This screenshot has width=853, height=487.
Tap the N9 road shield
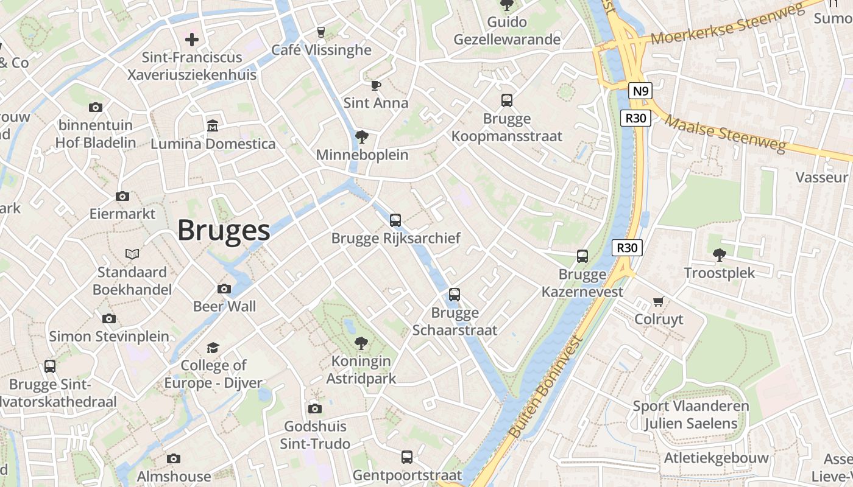[x=640, y=91]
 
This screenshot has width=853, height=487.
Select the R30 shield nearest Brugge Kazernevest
[x=627, y=248]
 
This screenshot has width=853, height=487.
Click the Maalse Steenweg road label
[x=724, y=134]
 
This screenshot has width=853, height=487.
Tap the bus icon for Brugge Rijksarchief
[x=395, y=220]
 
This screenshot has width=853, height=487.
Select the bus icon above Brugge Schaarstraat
[x=455, y=295]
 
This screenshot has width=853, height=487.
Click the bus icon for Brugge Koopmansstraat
[x=507, y=100]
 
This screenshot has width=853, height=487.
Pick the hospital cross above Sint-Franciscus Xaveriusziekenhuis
[x=192, y=40]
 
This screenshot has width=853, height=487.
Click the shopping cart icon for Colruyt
[x=658, y=301]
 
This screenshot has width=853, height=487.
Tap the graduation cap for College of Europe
[x=213, y=348]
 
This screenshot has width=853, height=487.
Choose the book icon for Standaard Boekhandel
[x=132, y=254]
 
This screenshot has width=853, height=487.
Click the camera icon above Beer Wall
[x=224, y=289]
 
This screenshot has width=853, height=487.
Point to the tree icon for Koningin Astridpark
[x=361, y=343]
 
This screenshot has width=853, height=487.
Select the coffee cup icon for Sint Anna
[x=375, y=85]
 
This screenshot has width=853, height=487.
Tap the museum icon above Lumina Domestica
[x=213, y=126]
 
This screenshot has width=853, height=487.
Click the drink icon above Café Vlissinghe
[x=321, y=32]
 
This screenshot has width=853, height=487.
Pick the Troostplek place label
[x=720, y=273]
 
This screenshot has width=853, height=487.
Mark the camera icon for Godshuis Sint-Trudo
[x=315, y=408]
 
